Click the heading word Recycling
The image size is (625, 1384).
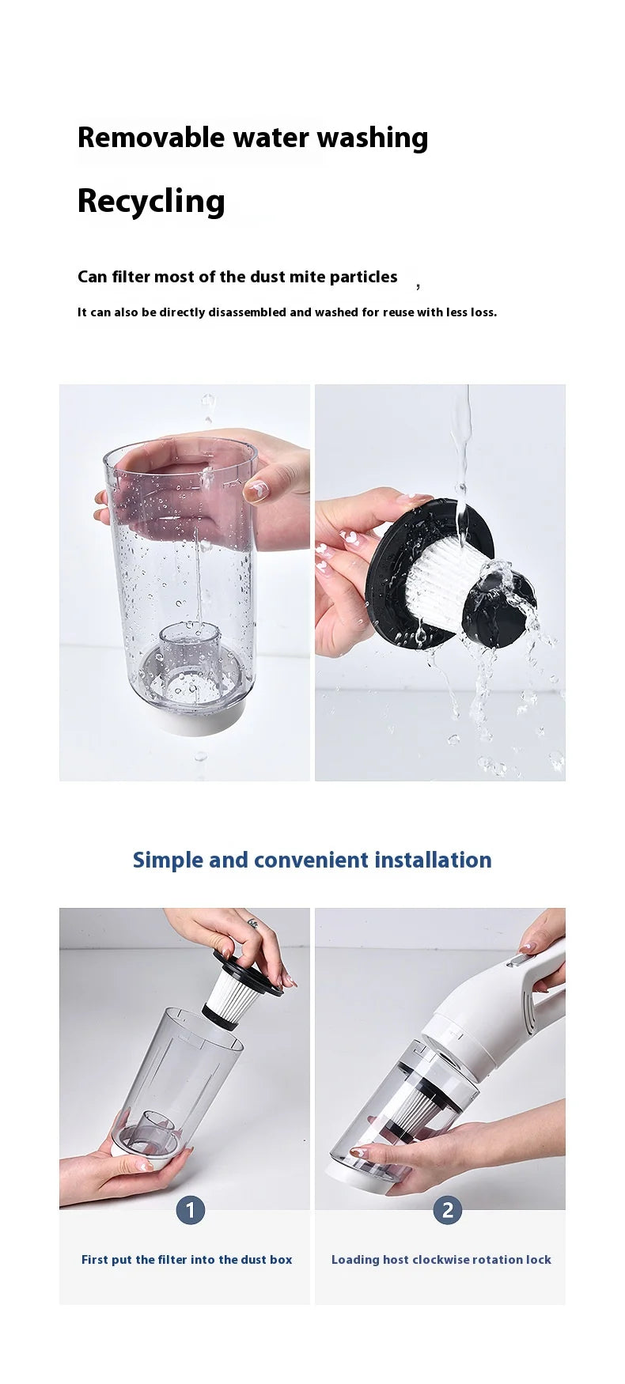151,202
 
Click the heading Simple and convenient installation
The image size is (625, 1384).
312,860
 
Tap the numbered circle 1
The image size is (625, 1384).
190,1209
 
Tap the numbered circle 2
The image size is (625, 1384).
448,1209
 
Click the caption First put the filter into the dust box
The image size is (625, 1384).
187,1260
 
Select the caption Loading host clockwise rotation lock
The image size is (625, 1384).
441,1260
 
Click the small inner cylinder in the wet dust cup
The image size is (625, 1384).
189,649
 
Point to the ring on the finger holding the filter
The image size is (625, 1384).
252,923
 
